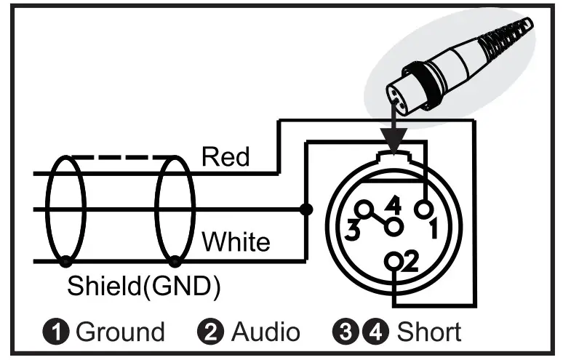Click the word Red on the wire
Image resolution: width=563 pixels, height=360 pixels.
225,157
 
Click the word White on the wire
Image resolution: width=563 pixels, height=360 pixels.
236,241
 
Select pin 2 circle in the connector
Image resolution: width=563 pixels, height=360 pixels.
395,260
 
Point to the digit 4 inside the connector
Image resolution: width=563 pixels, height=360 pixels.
394,206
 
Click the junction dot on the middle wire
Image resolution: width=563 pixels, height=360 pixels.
306,210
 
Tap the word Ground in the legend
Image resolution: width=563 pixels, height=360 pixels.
121,332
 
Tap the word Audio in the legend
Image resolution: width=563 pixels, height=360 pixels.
265,332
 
